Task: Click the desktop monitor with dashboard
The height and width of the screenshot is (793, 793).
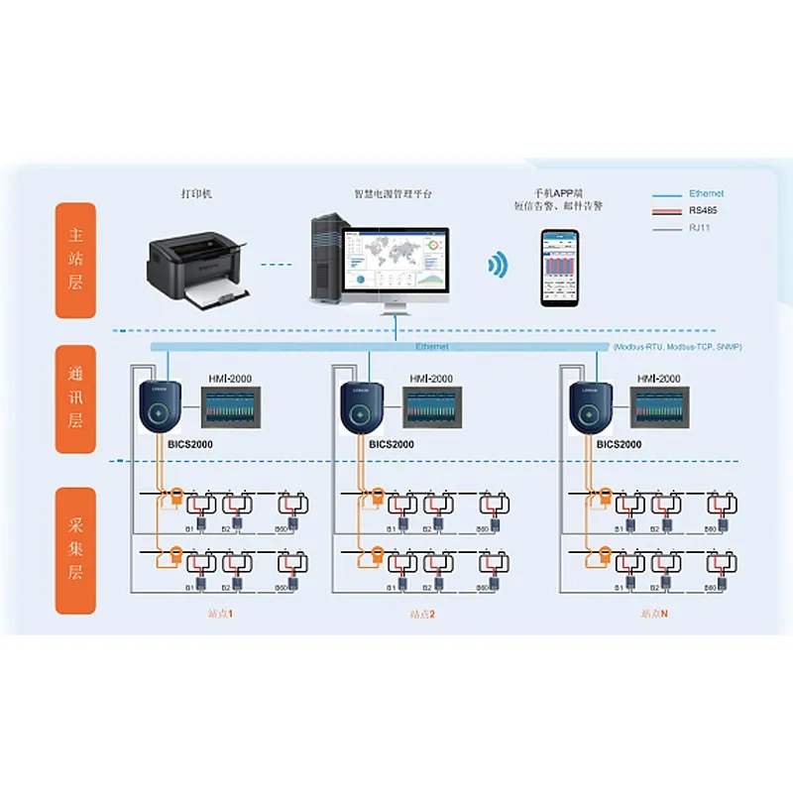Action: [394, 264]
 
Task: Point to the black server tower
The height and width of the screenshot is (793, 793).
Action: [324, 260]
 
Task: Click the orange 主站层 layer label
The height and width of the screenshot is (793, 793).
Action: [75, 260]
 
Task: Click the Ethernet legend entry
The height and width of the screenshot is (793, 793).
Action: [706, 193]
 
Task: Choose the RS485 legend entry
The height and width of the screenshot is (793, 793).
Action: [706, 210]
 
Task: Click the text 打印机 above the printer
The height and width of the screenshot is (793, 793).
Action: [196, 193]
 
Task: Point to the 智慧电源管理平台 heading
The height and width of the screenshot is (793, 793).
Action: [394, 193]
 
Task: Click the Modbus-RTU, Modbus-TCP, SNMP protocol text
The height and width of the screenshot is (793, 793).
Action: [678, 347]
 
